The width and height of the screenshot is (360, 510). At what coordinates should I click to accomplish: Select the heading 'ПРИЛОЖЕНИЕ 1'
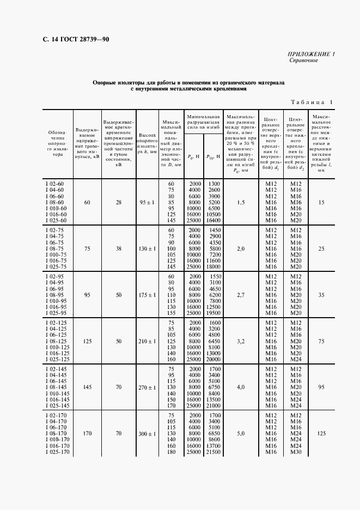click(x=311, y=54)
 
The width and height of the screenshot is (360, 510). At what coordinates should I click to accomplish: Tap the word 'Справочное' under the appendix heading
click(x=303, y=60)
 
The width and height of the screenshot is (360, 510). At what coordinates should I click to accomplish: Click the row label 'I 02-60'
click(x=54, y=185)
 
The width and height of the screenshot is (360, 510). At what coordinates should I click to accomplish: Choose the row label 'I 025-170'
click(x=56, y=452)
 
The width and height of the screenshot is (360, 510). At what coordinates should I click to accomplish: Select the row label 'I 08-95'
click(x=54, y=294)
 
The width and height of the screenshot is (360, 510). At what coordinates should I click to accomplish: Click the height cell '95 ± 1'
click(x=146, y=202)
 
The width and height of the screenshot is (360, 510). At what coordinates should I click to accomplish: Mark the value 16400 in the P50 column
click(x=213, y=220)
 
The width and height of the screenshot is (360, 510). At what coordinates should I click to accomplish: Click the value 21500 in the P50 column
click(x=213, y=452)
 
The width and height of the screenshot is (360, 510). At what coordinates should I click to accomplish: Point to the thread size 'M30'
click(x=296, y=452)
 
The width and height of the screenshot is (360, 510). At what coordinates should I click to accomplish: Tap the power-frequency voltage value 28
click(x=118, y=202)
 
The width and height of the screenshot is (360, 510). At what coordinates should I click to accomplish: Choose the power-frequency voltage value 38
click(x=118, y=248)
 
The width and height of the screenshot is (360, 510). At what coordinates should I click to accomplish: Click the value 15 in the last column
click(x=321, y=202)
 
